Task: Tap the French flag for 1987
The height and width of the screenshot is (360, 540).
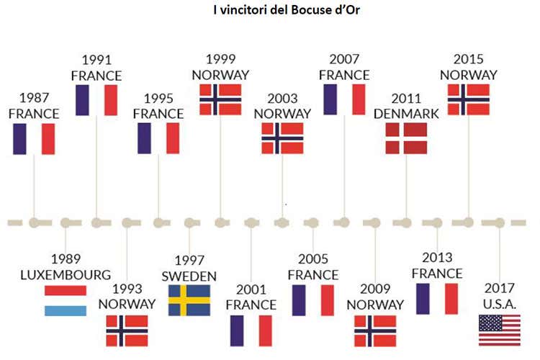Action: pyautogui.click(x=34, y=139)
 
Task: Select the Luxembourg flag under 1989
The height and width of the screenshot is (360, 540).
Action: pyautogui.click(x=66, y=300)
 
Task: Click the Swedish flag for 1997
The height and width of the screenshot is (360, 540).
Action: pyautogui.click(x=189, y=300)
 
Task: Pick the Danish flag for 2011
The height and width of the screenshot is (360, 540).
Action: pyautogui.click(x=406, y=138)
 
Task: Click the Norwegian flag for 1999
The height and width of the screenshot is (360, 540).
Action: pyautogui.click(x=220, y=99)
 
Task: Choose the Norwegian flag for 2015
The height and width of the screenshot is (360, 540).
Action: pyautogui.click(x=469, y=99)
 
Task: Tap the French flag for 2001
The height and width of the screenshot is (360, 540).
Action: pyautogui.click(x=251, y=330)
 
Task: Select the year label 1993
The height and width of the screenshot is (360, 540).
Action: pyautogui.click(x=127, y=288)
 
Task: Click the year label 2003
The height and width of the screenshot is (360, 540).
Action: pyautogui.click(x=282, y=99)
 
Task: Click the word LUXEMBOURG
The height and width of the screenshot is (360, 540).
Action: pyautogui.click(x=66, y=274)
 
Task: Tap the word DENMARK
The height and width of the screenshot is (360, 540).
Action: pyautogui.click(x=406, y=113)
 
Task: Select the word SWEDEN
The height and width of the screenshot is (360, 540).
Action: pyautogui.click(x=189, y=276)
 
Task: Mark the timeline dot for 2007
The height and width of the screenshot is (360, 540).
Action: pyautogui.click(x=344, y=222)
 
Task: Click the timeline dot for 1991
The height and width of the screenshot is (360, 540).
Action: pyautogui.click(x=96, y=222)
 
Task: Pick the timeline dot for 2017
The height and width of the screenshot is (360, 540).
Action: pyautogui.click(x=500, y=222)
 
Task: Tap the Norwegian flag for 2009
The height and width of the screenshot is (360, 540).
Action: pyautogui.click(x=375, y=330)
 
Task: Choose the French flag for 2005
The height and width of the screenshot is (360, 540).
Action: pyautogui.click(x=313, y=300)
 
